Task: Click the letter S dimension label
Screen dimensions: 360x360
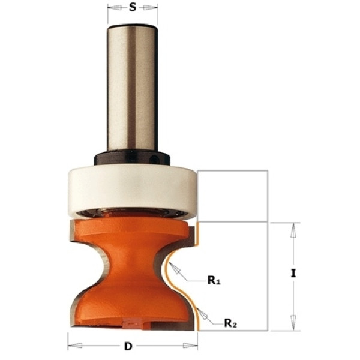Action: (x=133, y=8)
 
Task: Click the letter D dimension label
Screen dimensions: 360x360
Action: (x=128, y=346)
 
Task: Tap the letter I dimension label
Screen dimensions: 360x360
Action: (x=293, y=273)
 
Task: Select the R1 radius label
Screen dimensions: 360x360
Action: (x=214, y=280)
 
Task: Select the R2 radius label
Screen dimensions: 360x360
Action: (x=230, y=323)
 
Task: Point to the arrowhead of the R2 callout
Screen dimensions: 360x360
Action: (x=202, y=314)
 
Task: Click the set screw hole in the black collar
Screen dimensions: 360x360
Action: (x=154, y=159)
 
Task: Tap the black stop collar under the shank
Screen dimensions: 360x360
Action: (x=132, y=158)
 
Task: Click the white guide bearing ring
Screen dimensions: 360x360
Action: (x=133, y=190)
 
